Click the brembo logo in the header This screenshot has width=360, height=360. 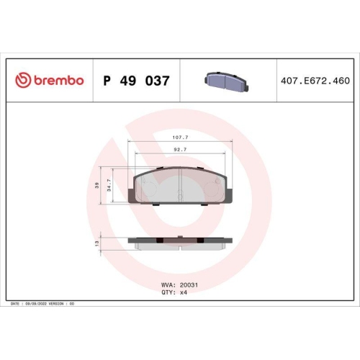(49, 80)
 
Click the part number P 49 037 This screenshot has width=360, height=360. (137, 81)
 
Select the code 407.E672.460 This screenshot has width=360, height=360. (312, 81)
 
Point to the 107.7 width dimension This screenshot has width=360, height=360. (180, 136)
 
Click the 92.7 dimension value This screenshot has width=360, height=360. (180, 149)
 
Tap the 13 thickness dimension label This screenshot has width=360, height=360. (98, 244)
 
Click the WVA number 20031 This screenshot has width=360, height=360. (189, 284)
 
